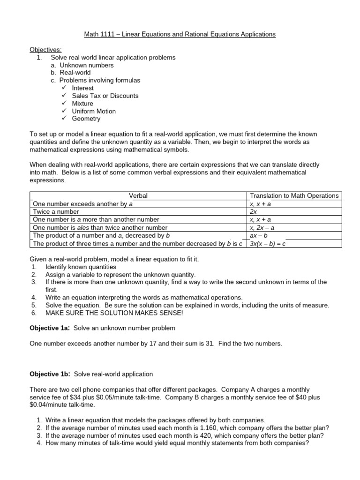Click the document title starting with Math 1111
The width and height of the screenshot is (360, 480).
[180, 34]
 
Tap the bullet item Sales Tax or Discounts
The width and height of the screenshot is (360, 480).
[105, 96]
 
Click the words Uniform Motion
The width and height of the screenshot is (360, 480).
[94, 111]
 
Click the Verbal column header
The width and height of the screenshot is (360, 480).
[138, 195]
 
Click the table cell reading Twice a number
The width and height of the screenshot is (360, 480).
[56, 211]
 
